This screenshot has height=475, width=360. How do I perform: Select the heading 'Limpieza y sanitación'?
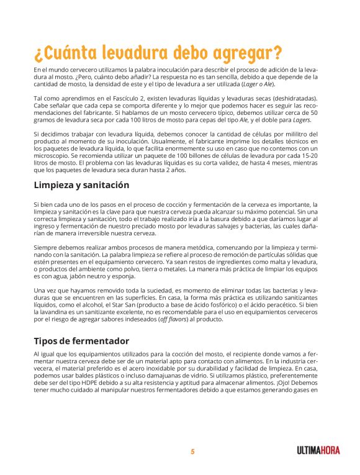(x=81, y=185)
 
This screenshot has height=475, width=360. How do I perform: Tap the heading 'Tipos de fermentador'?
(x=81, y=341)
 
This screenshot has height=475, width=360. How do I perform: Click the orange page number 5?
(x=192, y=451)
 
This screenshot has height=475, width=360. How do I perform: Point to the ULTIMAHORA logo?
(x=318, y=451)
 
